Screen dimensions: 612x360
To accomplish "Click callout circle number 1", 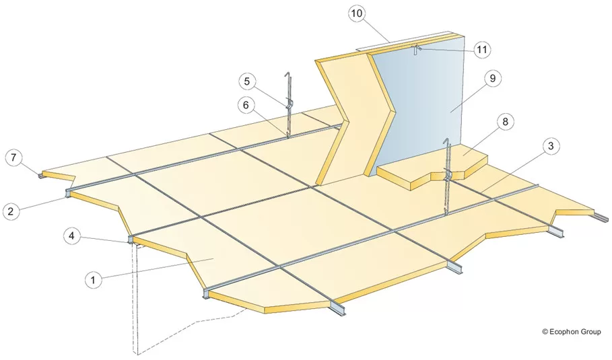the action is coord(94,279).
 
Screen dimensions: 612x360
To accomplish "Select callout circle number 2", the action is coord(11,211).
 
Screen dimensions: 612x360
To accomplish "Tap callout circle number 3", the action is coord(551,146).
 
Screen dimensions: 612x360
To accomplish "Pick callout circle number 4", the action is coord(72,236).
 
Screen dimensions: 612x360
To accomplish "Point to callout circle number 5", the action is coord(246,81).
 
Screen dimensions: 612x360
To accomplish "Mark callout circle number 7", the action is coord(14,158).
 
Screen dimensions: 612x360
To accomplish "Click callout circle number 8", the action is coord(505,122).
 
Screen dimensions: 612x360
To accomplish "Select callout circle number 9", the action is coord(493,79).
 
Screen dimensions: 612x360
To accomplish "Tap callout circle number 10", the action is coord(357,13).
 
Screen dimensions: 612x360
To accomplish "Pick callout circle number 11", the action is coord(482,50).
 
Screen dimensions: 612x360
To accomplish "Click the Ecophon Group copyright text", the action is coord(572,332).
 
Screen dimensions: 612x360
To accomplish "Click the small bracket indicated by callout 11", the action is coord(417,49).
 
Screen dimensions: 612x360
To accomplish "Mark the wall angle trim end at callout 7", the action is coord(41,176).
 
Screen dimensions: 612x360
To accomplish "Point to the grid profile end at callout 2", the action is coord(68,192).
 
